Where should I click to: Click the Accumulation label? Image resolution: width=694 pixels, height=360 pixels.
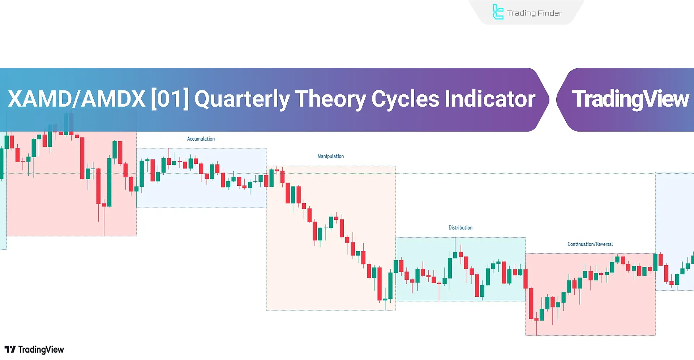tap(201, 139)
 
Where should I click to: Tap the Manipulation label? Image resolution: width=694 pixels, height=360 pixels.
tap(330, 156)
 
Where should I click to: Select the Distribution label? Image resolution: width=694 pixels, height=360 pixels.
tap(460, 228)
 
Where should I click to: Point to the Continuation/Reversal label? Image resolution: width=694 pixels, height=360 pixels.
tap(590, 244)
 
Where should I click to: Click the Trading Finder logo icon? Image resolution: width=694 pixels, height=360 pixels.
tap(498, 12)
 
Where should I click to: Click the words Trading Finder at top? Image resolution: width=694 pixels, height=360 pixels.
tap(534, 13)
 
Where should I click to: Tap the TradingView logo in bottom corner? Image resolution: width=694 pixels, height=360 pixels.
tap(34, 350)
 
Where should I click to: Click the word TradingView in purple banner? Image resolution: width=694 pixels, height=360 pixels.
tap(630, 99)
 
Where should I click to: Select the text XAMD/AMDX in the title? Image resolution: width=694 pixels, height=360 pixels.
tap(77, 99)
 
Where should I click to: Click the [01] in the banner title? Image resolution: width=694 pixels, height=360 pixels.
tap(170, 99)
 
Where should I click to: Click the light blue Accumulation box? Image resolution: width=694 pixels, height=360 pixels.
tap(201, 177)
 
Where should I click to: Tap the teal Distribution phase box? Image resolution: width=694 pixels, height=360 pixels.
tap(460, 269)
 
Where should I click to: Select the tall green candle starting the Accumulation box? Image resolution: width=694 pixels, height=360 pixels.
tap(142, 174)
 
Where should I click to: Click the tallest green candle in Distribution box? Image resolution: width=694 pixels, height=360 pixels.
tap(450, 268)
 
